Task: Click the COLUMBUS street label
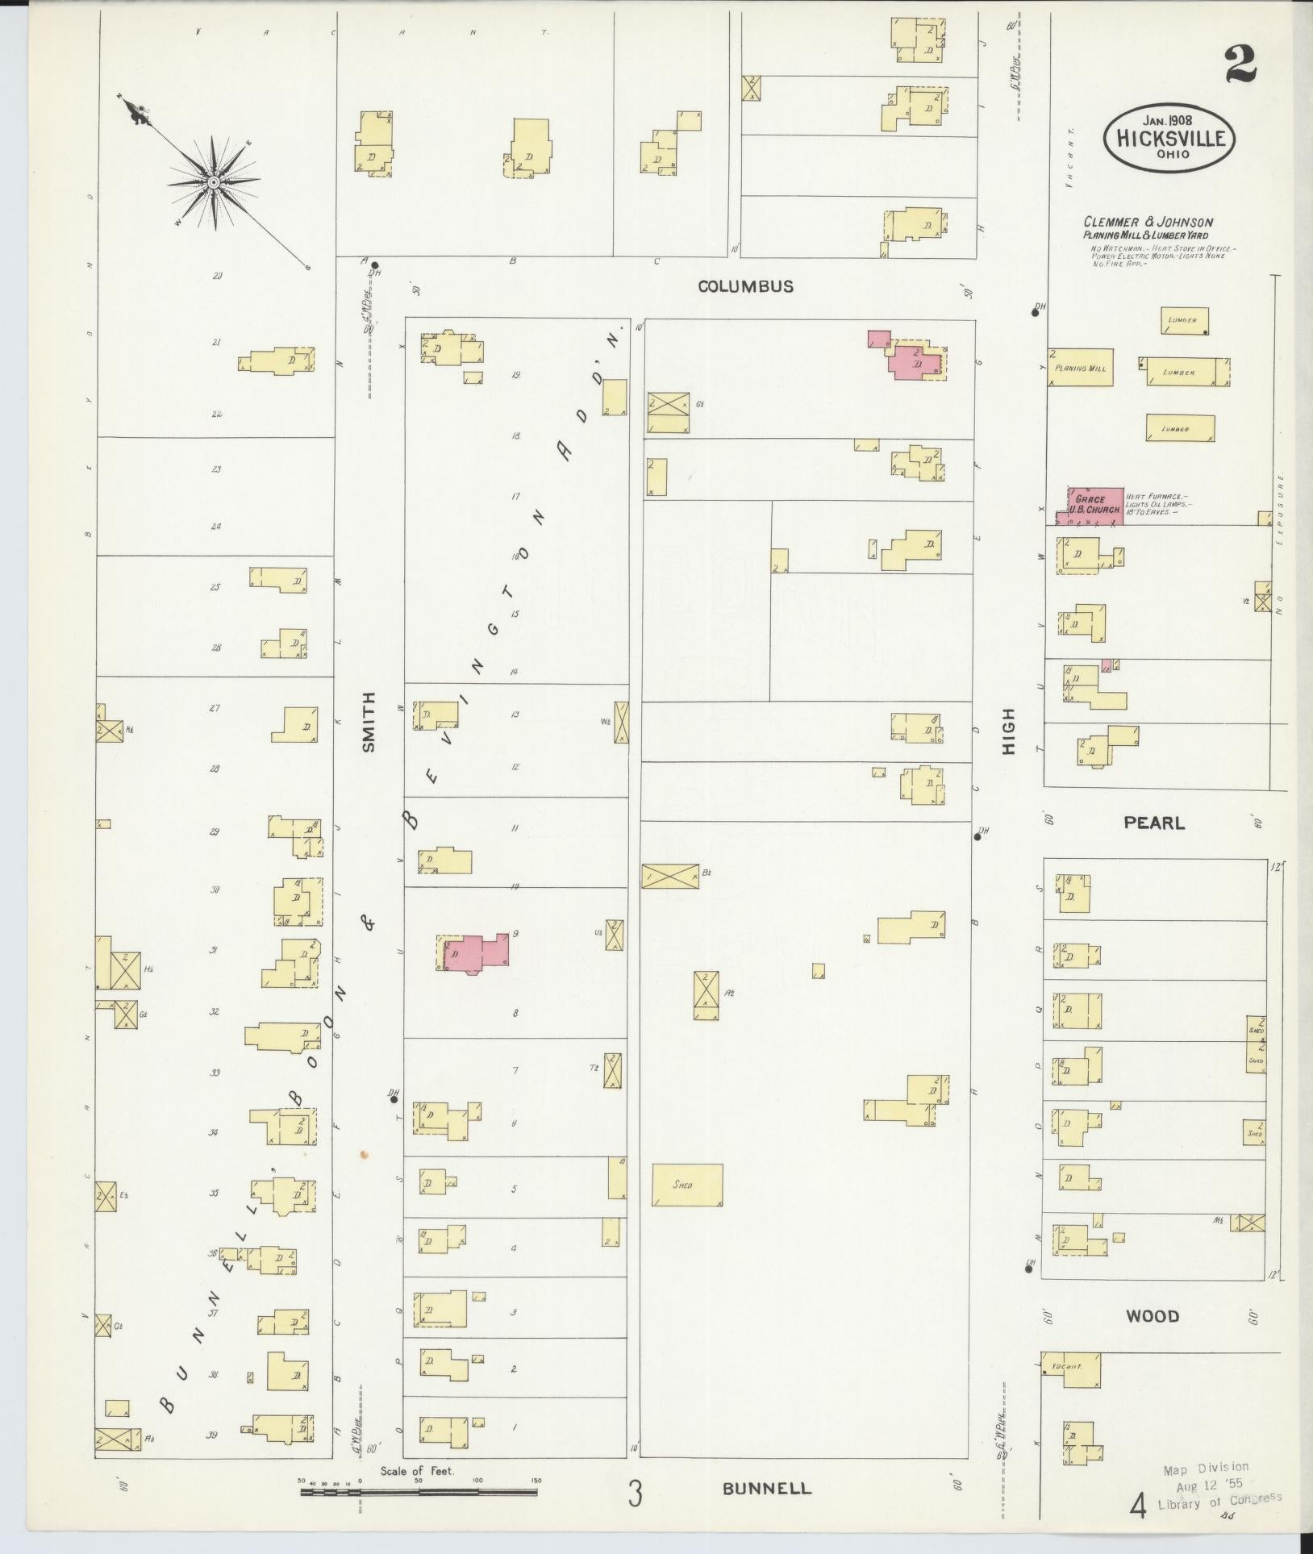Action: tap(745, 286)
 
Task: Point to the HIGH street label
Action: tap(1009, 731)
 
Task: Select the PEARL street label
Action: tap(1155, 823)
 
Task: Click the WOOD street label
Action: tap(1152, 1316)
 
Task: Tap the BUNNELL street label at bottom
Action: tap(766, 1488)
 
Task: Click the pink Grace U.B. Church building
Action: tap(1095, 506)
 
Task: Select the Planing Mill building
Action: tap(1081, 368)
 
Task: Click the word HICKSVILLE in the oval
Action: tap(1169, 138)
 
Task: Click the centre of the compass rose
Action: tap(213, 183)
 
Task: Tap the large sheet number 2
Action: tap(1240, 65)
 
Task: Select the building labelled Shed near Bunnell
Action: tap(686, 1185)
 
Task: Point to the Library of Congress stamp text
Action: tap(1219, 1501)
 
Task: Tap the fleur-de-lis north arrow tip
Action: tap(137, 115)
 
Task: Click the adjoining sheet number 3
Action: tap(636, 1494)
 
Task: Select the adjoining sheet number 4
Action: tap(1139, 1505)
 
